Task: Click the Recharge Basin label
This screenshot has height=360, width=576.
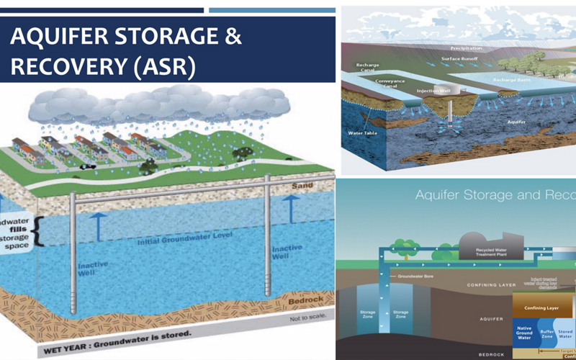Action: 510,78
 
